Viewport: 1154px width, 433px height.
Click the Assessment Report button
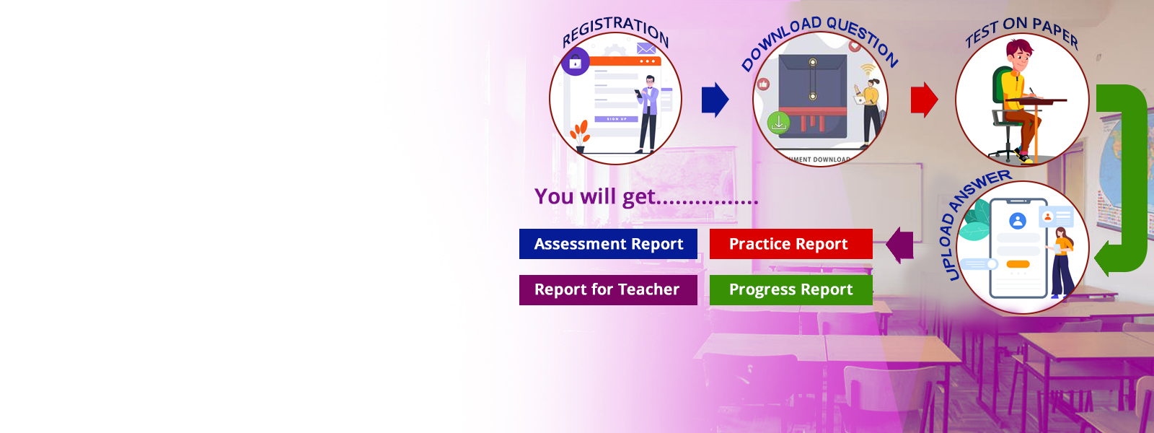coord(608,244)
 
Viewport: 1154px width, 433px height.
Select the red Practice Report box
coord(790,244)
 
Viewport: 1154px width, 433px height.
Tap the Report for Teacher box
coord(608,289)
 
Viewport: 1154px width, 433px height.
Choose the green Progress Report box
coord(790,289)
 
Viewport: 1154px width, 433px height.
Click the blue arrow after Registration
coord(715,100)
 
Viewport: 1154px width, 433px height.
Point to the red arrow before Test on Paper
coord(924,100)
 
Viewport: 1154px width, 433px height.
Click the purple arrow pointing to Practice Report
coord(899,245)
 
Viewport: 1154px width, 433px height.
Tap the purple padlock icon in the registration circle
coord(576,62)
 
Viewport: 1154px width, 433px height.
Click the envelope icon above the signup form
coord(646,49)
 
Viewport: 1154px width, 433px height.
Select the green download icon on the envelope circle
coord(778,123)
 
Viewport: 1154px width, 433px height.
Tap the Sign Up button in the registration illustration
coord(617,119)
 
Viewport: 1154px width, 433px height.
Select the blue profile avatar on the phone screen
coord(1018,221)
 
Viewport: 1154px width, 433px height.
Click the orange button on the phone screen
coord(1018,264)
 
